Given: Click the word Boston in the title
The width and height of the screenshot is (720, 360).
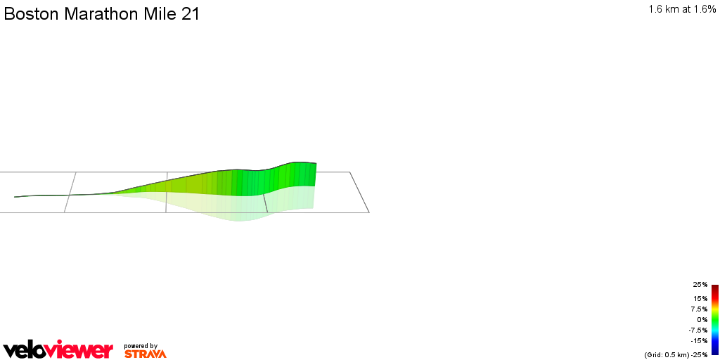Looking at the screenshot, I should [x=32, y=14].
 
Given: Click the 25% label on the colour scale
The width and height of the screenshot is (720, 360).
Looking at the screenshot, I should [x=700, y=285].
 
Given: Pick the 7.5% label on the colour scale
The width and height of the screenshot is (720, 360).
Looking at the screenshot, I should [x=698, y=309].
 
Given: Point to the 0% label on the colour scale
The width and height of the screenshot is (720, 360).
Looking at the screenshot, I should [x=702, y=319].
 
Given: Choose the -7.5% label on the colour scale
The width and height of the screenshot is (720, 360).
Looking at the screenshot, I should [x=697, y=330].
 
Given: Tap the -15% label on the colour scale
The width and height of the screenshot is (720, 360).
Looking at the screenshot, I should [x=699, y=340].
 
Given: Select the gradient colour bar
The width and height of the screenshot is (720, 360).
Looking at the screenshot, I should [x=714, y=319].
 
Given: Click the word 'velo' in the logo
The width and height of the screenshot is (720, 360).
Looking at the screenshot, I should [x=27, y=349].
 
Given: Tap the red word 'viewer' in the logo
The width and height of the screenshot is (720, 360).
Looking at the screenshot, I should [x=83, y=349].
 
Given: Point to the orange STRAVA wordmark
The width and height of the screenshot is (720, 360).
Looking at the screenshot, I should [x=145, y=354].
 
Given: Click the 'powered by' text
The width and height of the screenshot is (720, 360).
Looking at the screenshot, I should [x=140, y=345].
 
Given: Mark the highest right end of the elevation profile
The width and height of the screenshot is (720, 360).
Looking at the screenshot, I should [x=316, y=163].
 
